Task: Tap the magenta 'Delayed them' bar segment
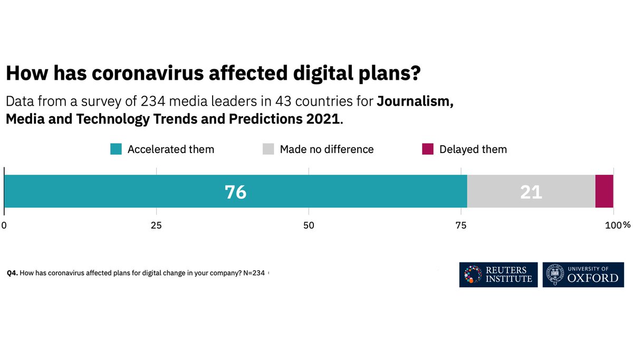[x=604, y=191]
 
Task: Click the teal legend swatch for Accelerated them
[x=116, y=149]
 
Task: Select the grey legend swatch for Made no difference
[x=268, y=149]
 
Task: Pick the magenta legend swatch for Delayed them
[x=427, y=149]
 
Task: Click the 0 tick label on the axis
[x=4, y=225]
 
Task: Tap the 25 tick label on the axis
[x=156, y=225]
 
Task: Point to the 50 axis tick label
[x=309, y=225]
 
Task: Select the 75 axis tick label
[x=461, y=225]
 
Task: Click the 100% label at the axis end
[x=618, y=225]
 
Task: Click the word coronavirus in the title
[x=149, y=73]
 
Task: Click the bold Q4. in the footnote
[x=12, y=273]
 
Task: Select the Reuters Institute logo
[x=498, y=274]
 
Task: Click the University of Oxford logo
[x=583, y=274]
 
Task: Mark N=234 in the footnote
[x=254, y=273]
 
